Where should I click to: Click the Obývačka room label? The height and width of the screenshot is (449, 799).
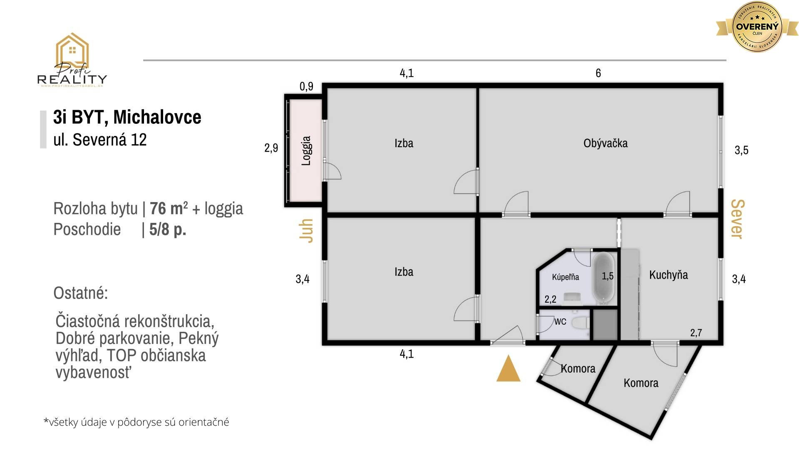click(x=605, y=143)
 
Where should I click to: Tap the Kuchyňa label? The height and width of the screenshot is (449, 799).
click(x=668, y=275)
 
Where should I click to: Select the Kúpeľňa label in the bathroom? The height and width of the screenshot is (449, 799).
click(x=566, y=277)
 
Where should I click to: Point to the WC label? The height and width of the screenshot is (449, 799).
click(x=560, y=321)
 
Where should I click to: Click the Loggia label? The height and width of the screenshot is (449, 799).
click(x=306, y=151)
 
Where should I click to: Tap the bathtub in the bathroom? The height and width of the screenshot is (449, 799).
click(x=603, y=278)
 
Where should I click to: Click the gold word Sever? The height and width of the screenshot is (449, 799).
click(x=737, y=219)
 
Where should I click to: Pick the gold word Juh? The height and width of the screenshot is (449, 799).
click(x=306, y=230)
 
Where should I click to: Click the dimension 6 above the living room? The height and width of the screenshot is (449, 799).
click(x=598, y=73)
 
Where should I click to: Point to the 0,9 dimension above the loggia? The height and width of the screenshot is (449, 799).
click(x=306, y=86)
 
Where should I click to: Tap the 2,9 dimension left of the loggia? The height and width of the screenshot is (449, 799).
click(x=271, y=148)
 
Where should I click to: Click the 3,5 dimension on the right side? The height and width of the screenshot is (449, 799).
click(x=742, y=150)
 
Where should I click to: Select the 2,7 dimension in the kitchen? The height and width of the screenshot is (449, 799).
click(x=696, y=333)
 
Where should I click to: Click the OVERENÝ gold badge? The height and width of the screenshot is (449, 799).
click(x=757, y=27)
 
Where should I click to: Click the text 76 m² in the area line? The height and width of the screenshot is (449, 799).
click(x=169, y=208)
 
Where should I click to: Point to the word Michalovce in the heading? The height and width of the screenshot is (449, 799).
click(x=157, y=117)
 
